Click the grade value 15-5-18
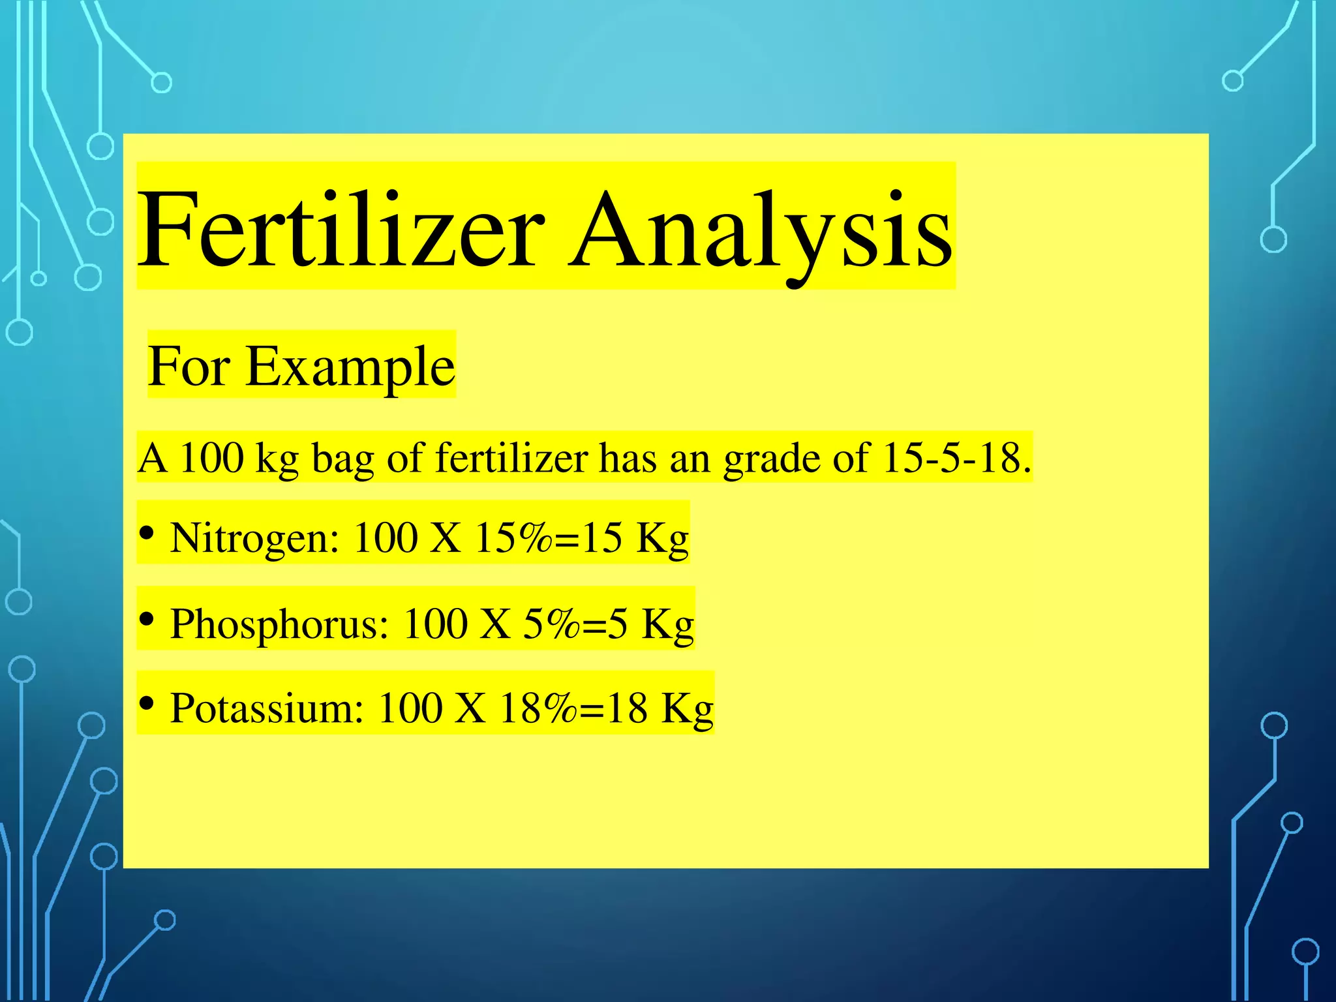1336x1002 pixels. point(956,457)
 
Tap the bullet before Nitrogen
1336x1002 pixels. point(147,534)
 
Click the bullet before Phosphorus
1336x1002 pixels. point(147,618)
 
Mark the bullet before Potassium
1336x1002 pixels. point(147,703)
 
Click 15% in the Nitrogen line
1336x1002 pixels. point(513,538)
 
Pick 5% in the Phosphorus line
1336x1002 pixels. point(551,624)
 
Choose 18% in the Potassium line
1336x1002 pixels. point(538,708)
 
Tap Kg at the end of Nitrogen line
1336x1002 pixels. point(662,539)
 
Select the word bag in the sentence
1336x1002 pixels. point(342,459)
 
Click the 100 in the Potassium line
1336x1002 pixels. point(410,708)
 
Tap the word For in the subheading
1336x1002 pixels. point(189,367)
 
